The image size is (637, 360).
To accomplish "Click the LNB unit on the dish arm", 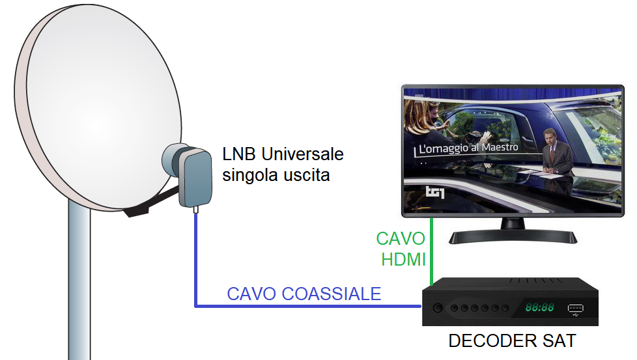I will coord(193,174).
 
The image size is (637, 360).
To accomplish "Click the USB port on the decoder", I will coord(575,308).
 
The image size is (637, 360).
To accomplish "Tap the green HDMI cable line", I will coord(431,254).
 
